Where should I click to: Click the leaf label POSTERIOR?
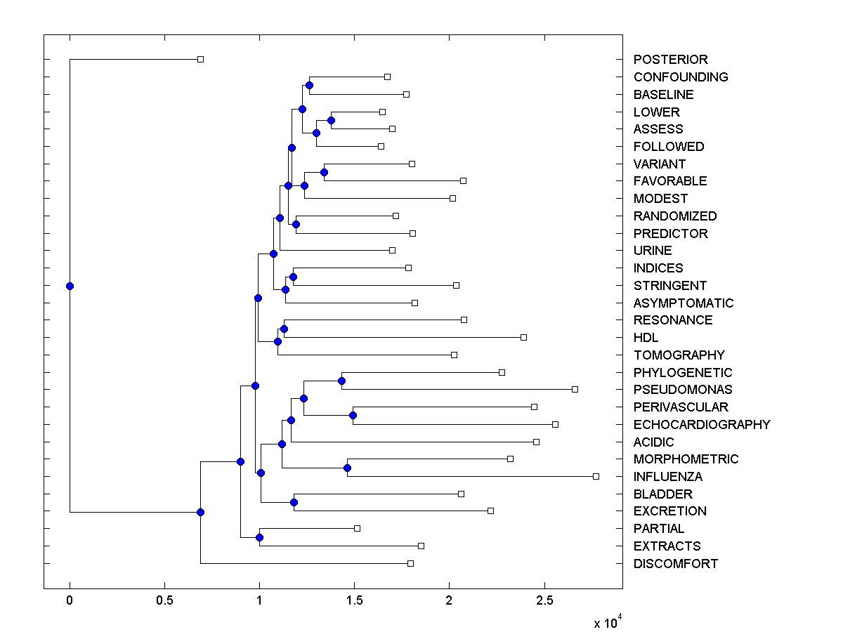670,60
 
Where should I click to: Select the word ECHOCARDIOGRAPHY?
701,424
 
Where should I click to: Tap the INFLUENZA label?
667,477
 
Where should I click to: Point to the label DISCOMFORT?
675,564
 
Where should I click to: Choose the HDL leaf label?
646,338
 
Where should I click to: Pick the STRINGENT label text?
669,286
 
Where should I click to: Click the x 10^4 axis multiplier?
607,622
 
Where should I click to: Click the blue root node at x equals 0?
70,286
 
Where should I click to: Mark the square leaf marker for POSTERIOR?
200,59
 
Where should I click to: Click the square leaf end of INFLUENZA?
596,476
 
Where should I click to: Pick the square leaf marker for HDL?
523,337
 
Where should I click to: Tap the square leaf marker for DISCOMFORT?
410,563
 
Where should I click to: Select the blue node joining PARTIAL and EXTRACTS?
259,537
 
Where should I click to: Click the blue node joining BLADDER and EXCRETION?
294,502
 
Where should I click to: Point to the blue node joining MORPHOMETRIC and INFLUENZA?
347,468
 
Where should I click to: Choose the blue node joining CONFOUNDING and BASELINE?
309,85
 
